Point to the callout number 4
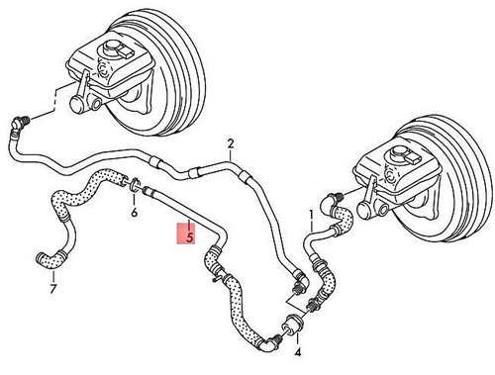point(298,351)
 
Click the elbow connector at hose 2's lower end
point(296,286)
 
